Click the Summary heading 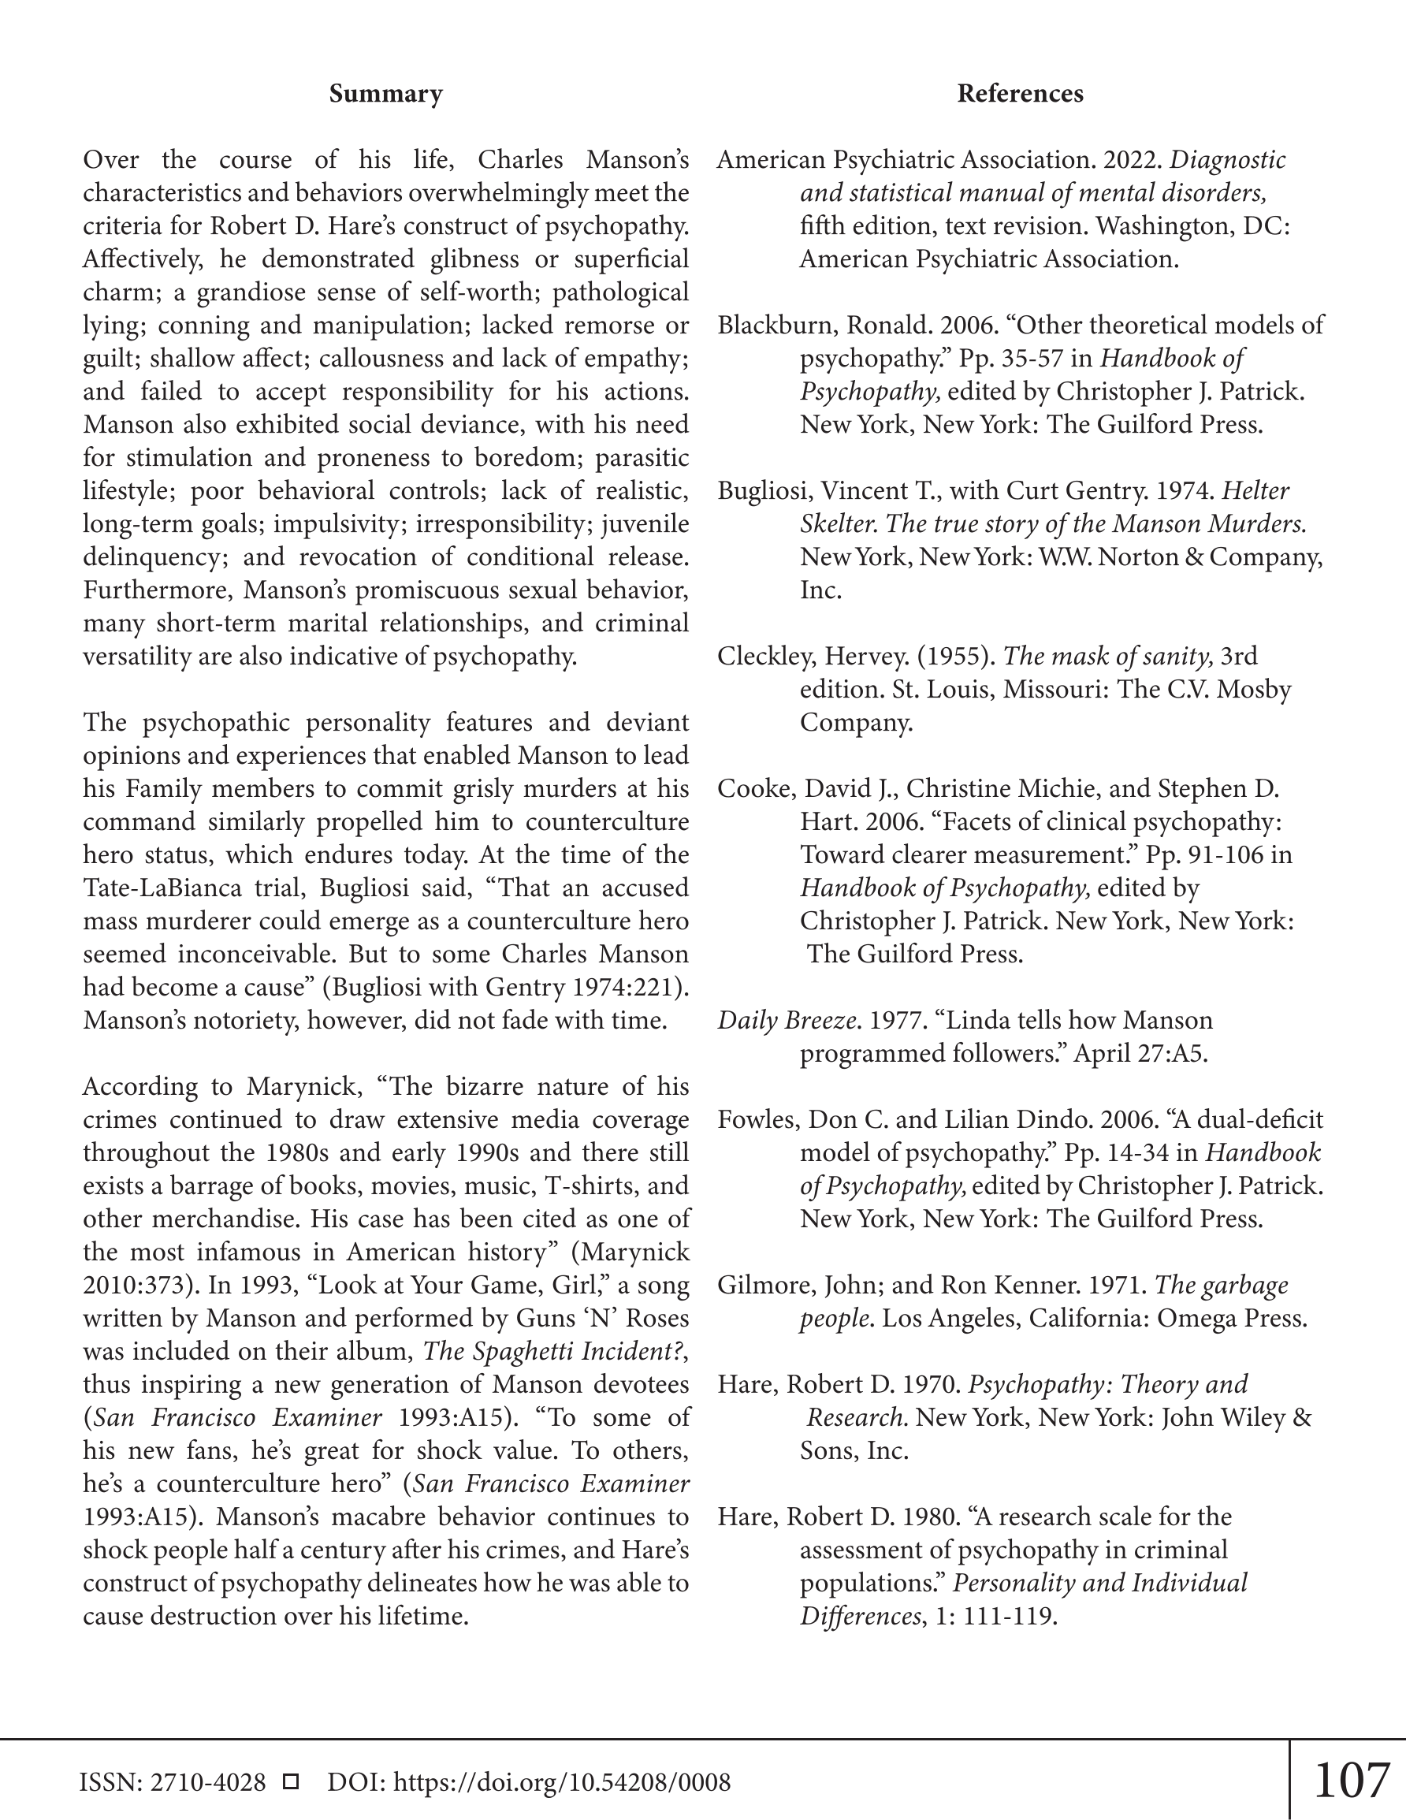[385, 94]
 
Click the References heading [1019, 94]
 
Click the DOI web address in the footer [561, 1782]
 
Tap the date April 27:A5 [1140, 1054]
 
